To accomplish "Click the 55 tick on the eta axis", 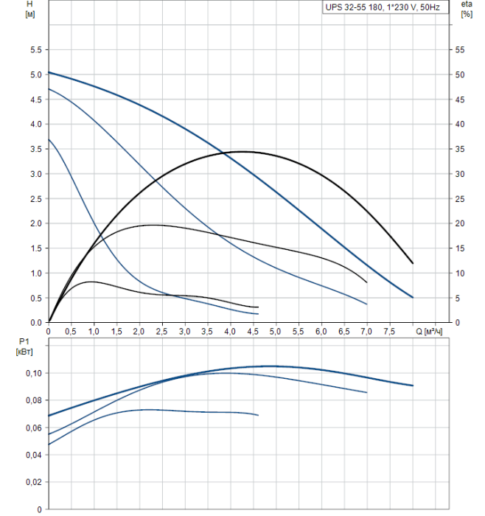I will point(460,50).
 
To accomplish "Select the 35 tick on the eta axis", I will point(460,149).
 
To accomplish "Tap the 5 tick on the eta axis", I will point(458,298).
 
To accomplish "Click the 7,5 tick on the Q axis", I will point(390,332).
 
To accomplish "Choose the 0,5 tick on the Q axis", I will point(71,332).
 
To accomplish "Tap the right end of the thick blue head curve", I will point(413,297).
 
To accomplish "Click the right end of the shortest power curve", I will point(259,415).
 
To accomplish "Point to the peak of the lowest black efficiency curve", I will point(90,282).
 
